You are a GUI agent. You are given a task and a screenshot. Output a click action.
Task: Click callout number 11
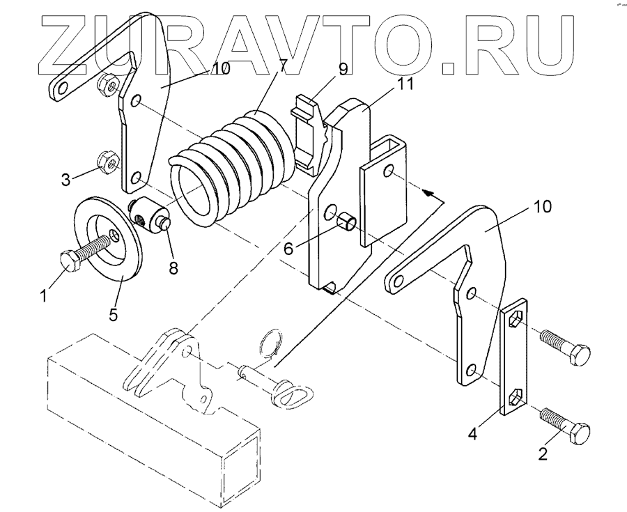(385, 85)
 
